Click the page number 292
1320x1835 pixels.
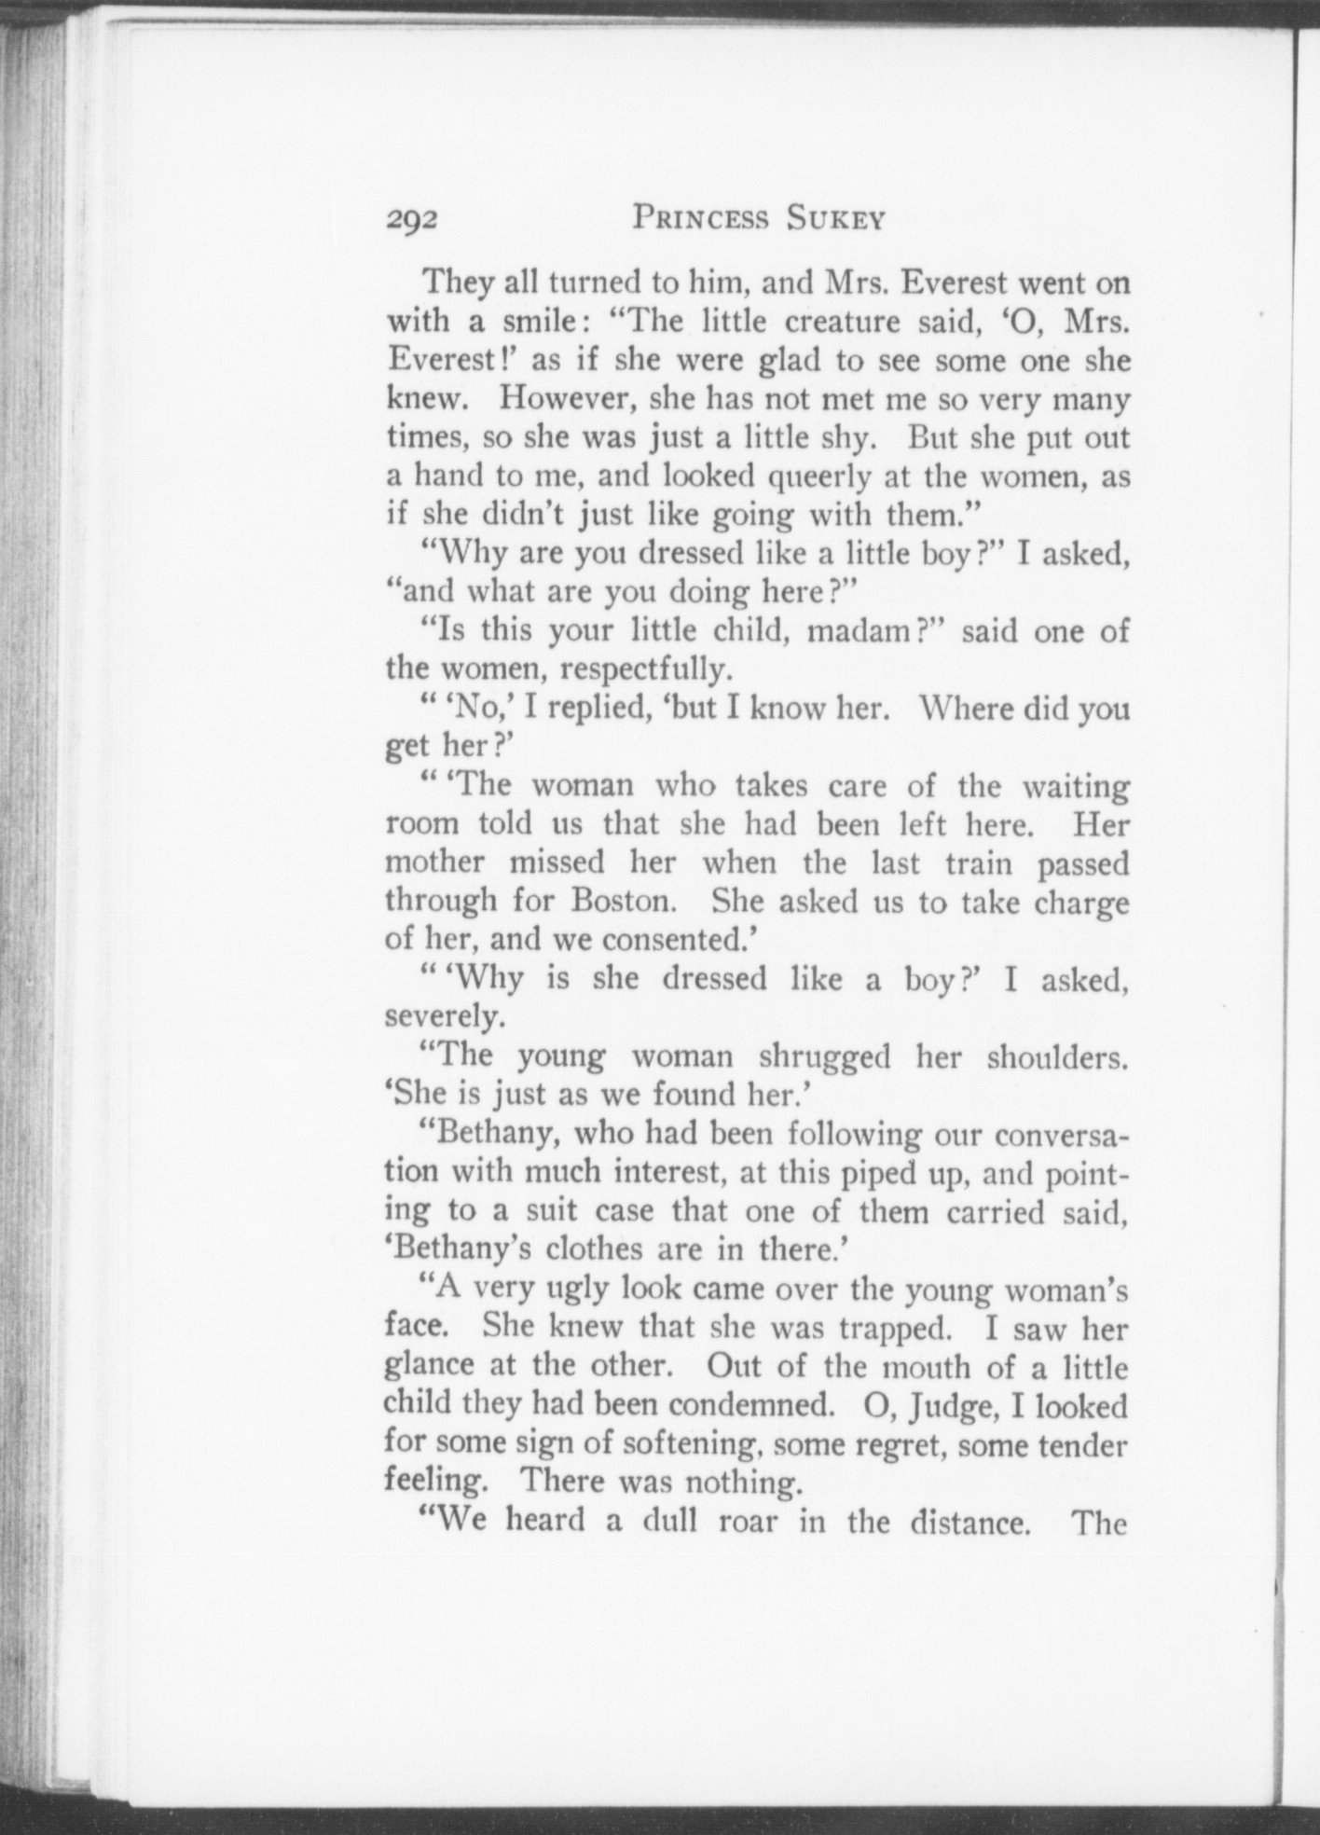click(x=411, y=220)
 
